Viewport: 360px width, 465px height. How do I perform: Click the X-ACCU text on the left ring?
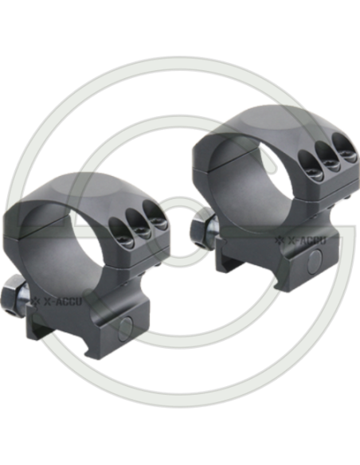tap(63, 302)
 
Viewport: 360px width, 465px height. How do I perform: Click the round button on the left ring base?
tap(125, 329)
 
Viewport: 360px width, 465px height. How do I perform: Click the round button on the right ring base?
tap(315, 261)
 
